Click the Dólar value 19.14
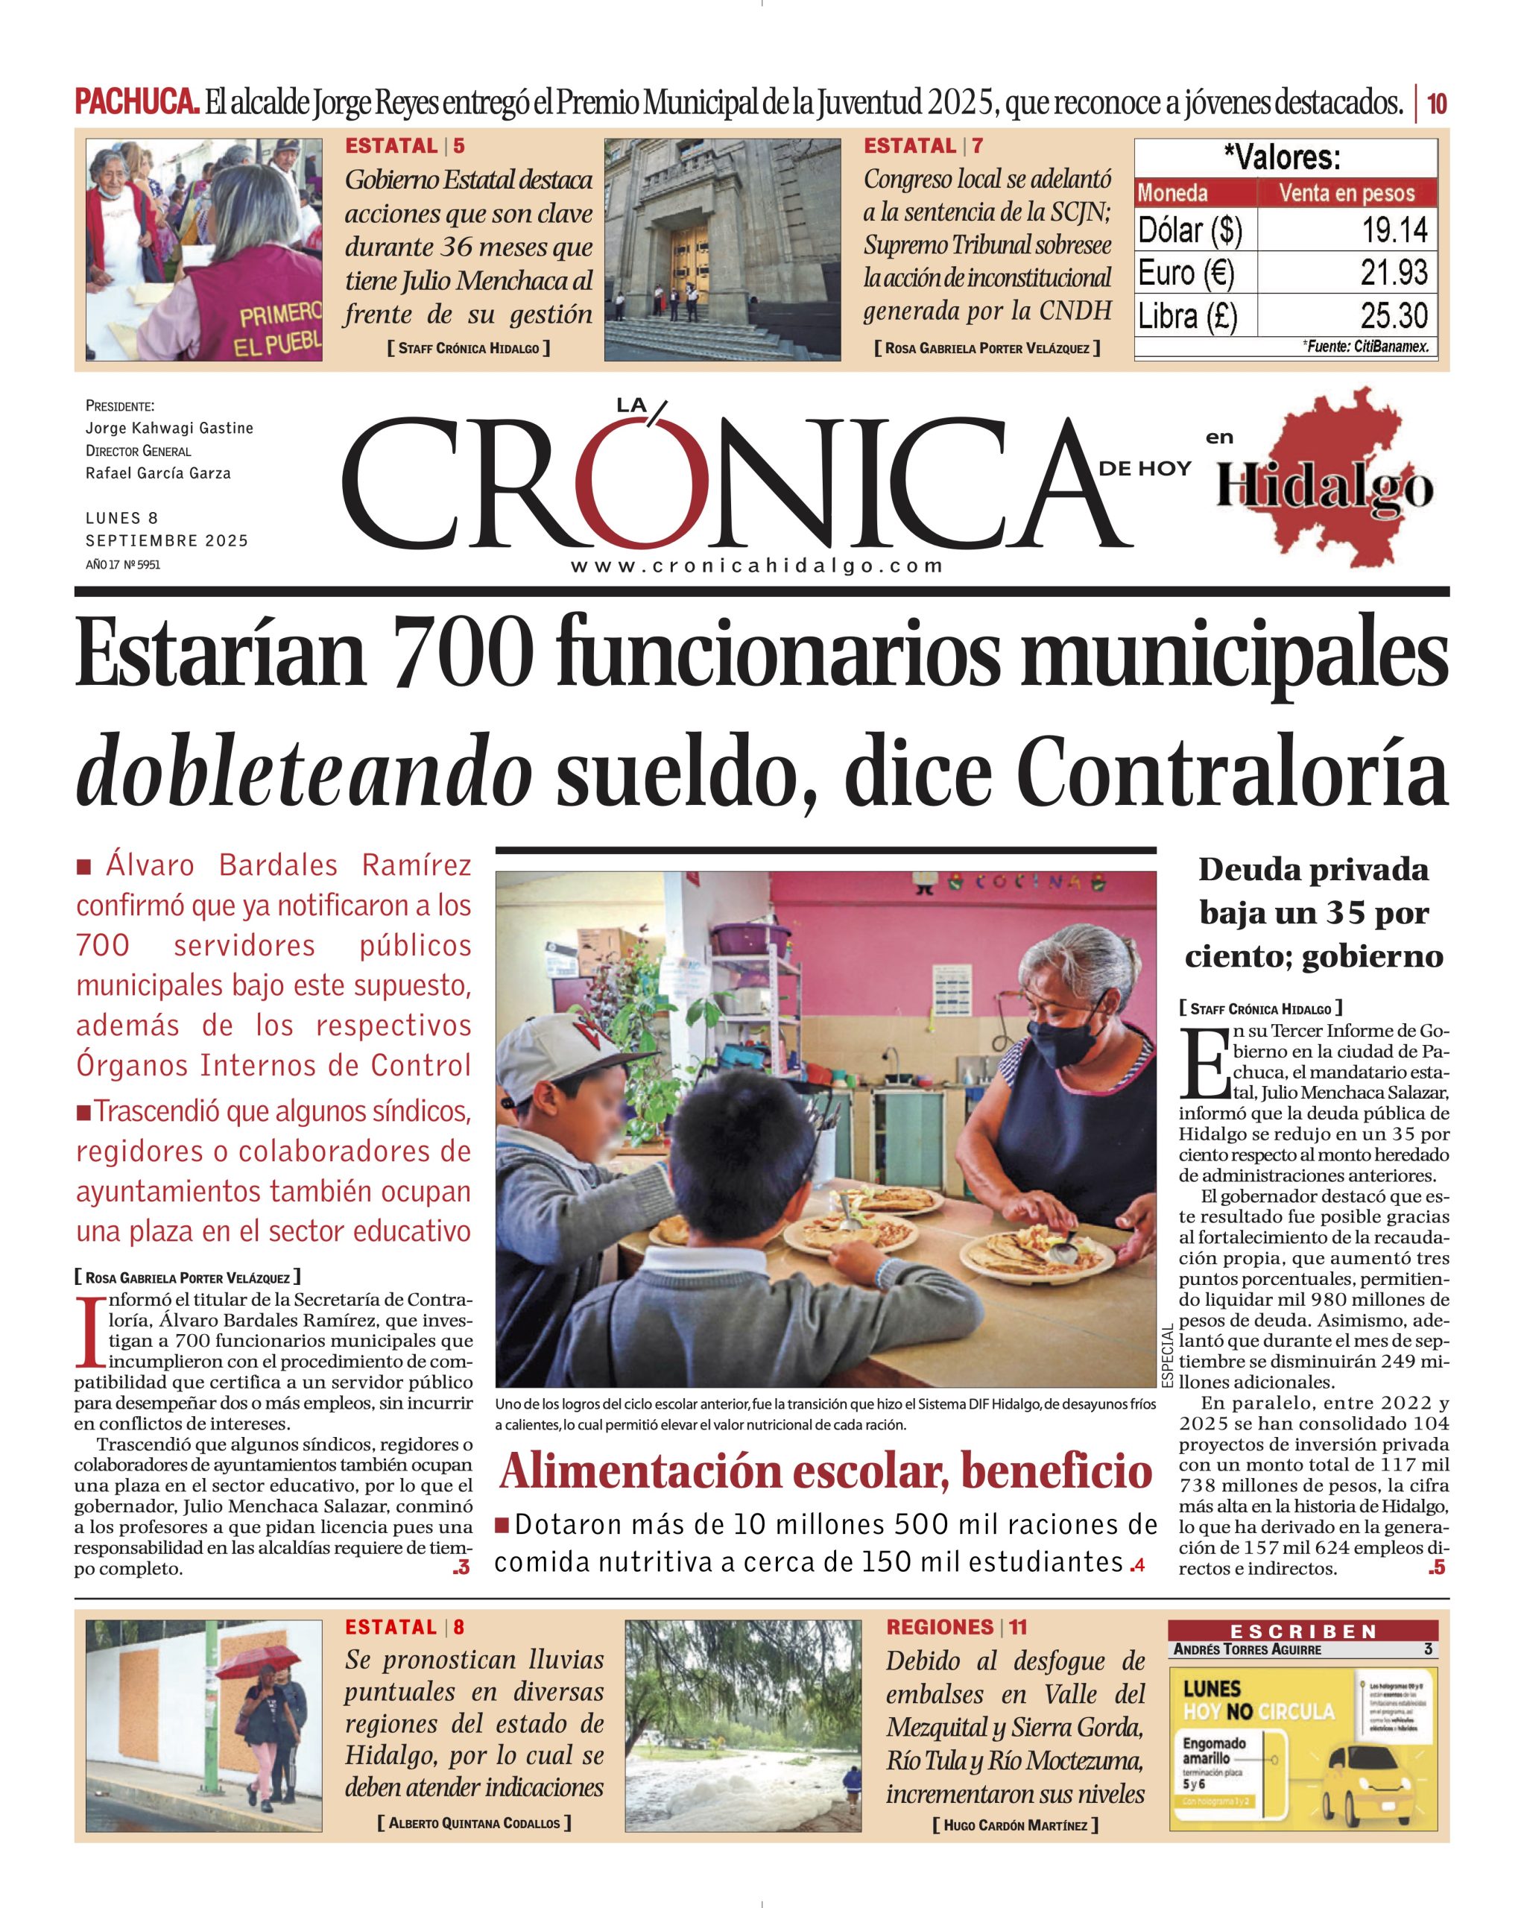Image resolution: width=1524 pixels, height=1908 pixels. click(x=1394, y=230)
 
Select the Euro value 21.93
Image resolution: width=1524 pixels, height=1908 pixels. click(x=1393, y=273)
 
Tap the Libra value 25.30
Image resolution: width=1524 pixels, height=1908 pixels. click(x=1393, y=315)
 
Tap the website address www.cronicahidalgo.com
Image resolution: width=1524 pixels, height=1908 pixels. click(x=756, y=566)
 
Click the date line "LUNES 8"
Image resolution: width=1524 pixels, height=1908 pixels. click(x=122, y=518)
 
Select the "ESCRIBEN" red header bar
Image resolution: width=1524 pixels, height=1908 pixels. click(x=1303, y=1631)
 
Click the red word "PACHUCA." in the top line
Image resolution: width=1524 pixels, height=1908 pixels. click(x=136, y=104)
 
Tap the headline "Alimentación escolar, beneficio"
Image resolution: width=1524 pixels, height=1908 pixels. click(x=825, y=1472)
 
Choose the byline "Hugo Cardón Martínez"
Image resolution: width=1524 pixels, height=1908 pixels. click(x=1014, y=1825)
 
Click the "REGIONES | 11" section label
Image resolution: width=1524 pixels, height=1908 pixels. click(x=956, y=1626)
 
